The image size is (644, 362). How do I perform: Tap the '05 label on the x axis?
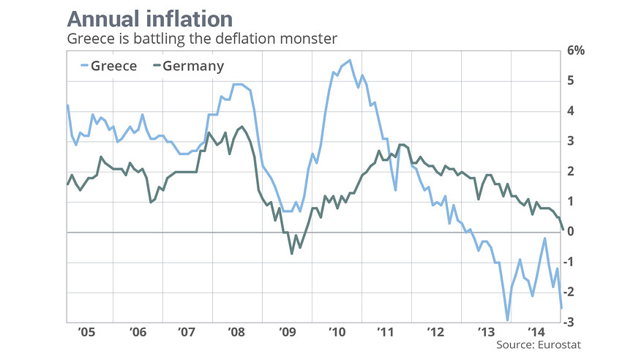(x=86, y=331)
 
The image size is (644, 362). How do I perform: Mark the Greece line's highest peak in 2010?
(x=350, y=60)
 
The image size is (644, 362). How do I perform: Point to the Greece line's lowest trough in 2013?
(x=507, y=320)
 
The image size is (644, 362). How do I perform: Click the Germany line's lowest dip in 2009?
(x=292, y=253)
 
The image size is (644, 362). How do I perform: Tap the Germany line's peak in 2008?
(x=241, y=127)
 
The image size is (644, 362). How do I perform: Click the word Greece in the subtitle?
(x=86, y=38)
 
